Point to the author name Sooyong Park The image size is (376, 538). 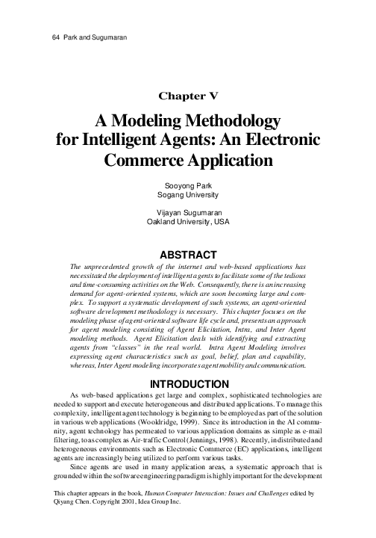coord(187,184)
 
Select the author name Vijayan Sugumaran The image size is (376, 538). coord(187,211)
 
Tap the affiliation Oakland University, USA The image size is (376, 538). coord(187,222)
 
